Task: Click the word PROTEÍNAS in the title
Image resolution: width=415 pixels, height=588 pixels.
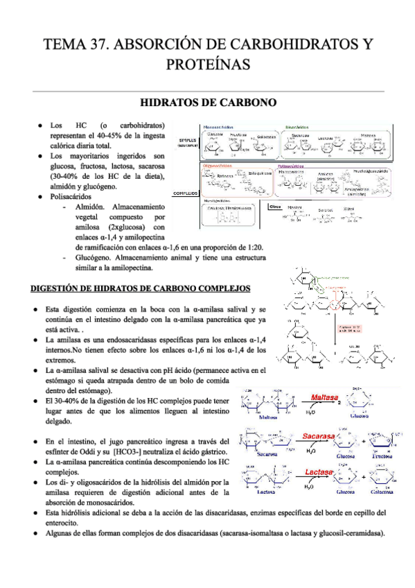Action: [x=207, y=64]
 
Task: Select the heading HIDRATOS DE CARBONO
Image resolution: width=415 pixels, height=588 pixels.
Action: [x=208, y=103]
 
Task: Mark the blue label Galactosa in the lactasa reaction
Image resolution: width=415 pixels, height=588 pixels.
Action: [x=386, y=492]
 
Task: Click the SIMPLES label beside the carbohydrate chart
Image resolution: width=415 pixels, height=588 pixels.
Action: [x=188, y=142]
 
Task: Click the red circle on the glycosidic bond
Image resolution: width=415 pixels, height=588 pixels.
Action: [x=338, y=306]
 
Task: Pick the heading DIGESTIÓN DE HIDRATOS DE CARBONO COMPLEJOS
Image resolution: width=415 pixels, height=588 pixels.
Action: [x=136, y=288]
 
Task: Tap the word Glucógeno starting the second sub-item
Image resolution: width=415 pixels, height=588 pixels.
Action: [x=94, y=257]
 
